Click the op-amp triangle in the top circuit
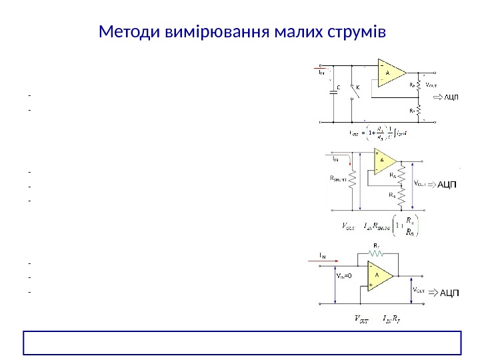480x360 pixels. coord(391,74)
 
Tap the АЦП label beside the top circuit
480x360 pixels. coord(450,99)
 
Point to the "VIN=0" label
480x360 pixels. coord(344,273)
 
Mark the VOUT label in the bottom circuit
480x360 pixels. coord(420,291)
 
